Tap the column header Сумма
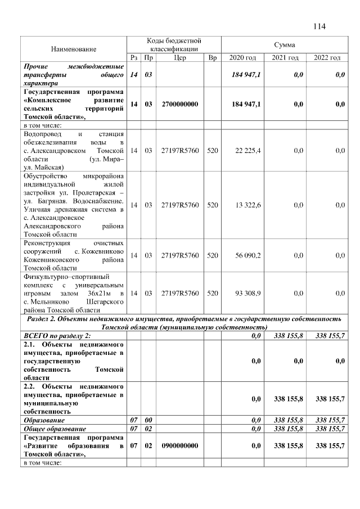click(x=284, y=44)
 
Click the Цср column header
click(x=180, y=58)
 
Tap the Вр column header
click(x=212, y=58)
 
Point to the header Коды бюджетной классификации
click(x=174, y=45)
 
